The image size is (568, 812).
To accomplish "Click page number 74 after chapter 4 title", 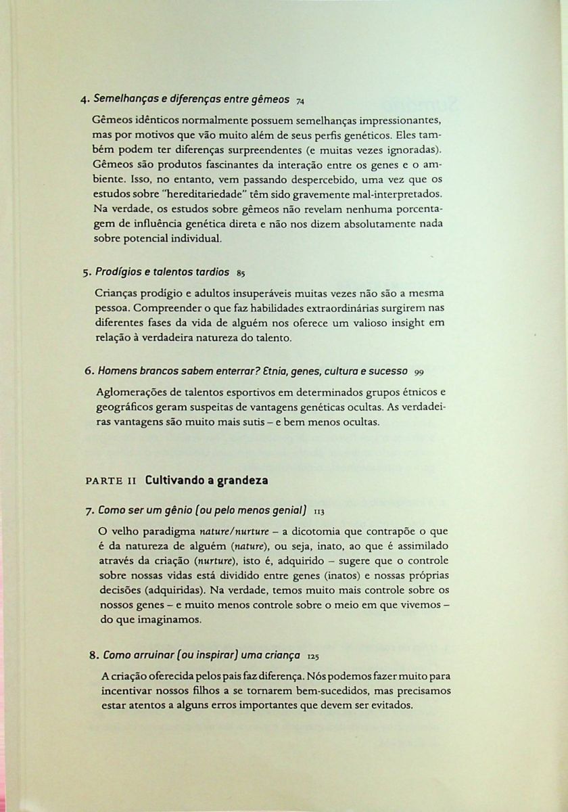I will [x=300, y=101].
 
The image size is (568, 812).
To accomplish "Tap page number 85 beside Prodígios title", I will [x=241, y=274].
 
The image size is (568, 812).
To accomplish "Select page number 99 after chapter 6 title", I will [x=420, y=371].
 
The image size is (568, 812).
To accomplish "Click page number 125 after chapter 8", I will [x=312, y=656].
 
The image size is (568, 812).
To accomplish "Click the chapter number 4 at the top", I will [x=83, y=100].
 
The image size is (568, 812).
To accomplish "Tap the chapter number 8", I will [x=93, y=655].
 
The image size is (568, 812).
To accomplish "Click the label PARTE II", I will [x=112, y=481].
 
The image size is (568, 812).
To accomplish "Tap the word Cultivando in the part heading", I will [x=174, y=480].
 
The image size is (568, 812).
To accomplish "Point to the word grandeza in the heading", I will [x=241, y=480].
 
